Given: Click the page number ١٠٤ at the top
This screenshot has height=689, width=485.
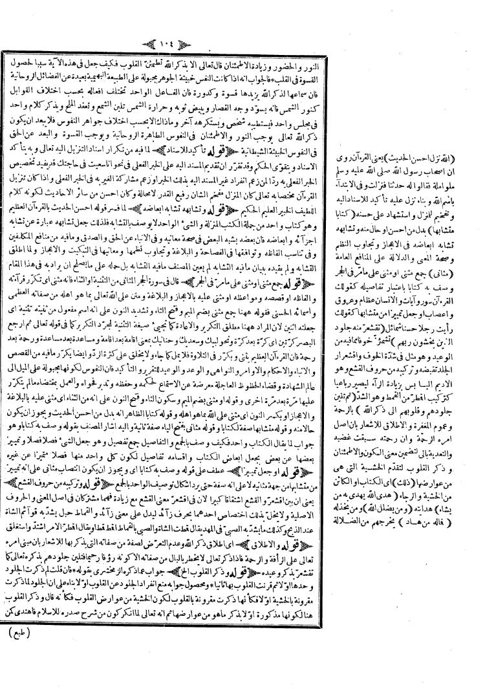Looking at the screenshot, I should point(242,12).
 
